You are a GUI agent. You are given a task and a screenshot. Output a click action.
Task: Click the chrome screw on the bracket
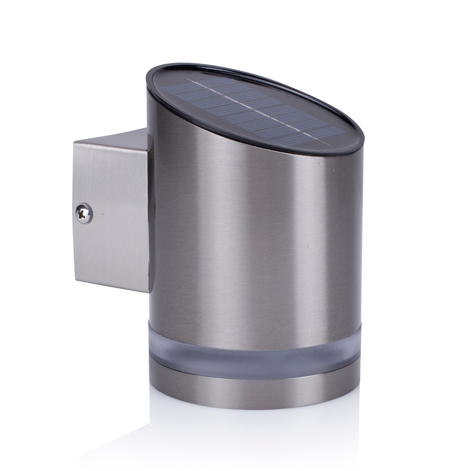coord(84,213)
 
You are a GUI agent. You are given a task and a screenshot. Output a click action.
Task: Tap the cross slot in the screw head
coord(84,214)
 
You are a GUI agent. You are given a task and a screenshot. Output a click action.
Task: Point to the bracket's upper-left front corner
coord(74,143)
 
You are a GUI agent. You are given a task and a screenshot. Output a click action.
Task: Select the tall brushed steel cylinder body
coord(254,235)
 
